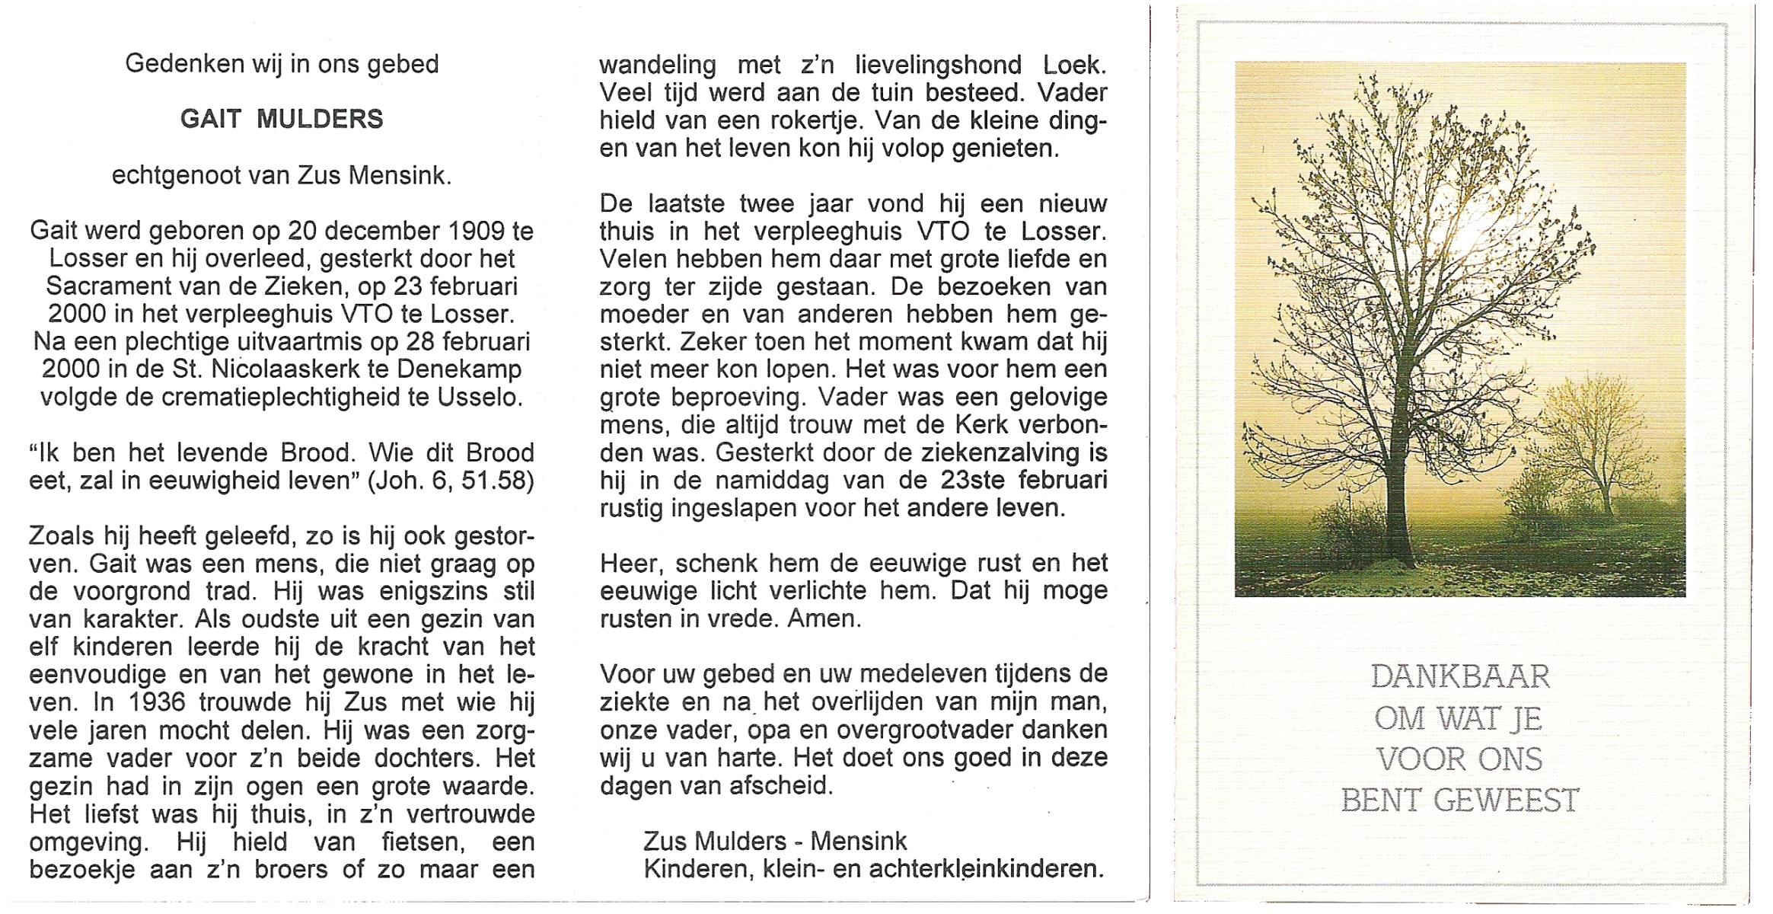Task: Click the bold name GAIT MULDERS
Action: (x=282, y=120)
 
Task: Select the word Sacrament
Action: (x=107, y=286)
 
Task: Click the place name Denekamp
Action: (x=470, y=369)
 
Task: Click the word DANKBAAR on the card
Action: (x=1459, y=676)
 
